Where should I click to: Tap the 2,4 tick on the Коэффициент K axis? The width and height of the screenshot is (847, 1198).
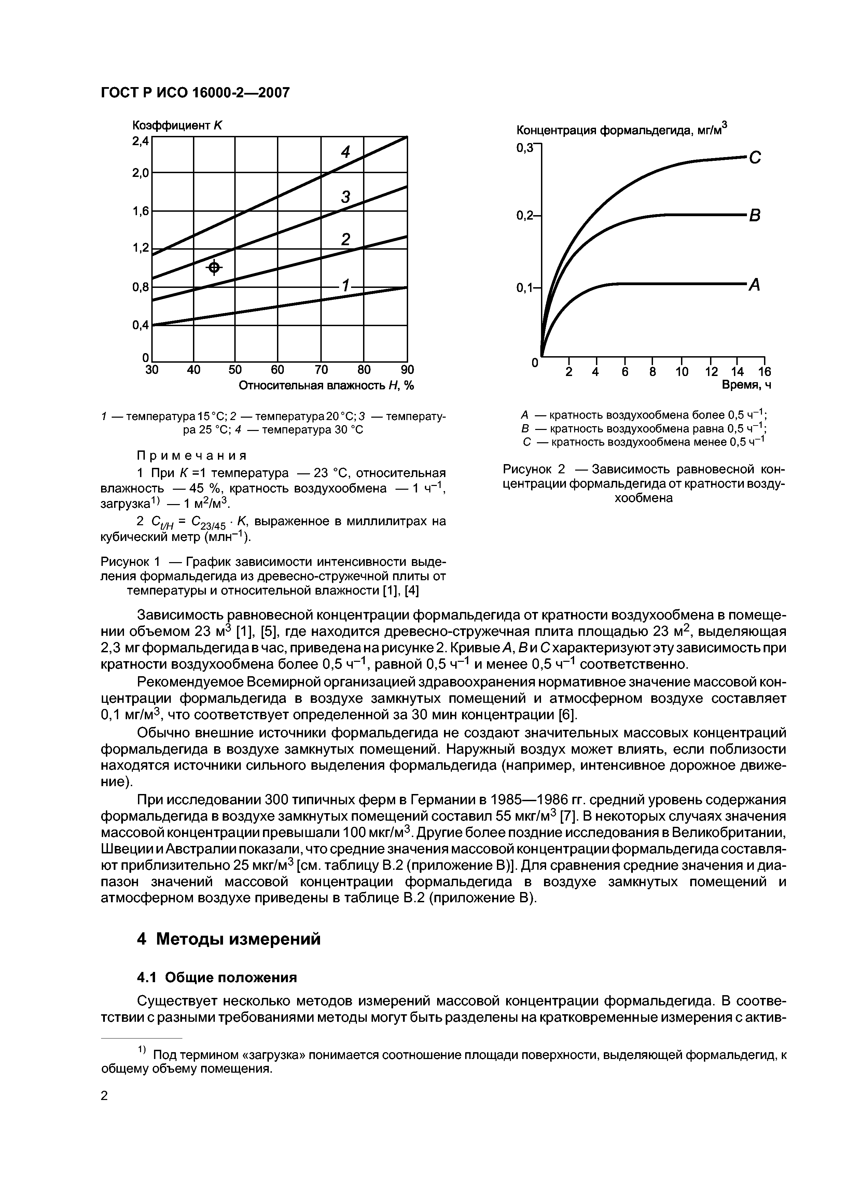(x=140, y=141)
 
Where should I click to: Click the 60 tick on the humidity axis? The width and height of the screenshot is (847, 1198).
(x=278, y=370)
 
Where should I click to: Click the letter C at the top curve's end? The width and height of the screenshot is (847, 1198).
(x=755, y=157)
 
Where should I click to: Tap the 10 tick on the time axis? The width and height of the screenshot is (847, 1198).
(x=682, y=372)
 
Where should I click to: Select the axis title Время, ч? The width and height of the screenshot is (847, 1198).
(x=746, y=385)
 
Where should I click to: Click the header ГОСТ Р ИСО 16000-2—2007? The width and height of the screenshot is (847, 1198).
(x=195, y=93)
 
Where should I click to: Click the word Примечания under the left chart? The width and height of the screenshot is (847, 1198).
(x=191, y=456)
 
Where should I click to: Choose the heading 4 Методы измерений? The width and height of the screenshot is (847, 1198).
(x=228, y=939)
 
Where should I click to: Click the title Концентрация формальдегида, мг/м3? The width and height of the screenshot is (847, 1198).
(x=621, y=130)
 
